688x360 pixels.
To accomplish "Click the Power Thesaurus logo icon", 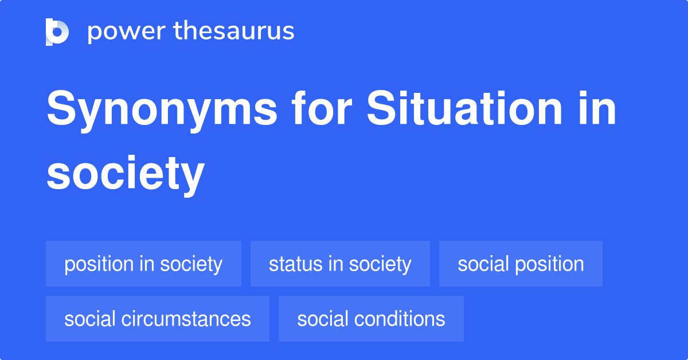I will [57, 32].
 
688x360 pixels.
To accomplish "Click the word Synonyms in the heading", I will [162, 110].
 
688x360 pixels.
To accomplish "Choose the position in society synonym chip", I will [143, 264].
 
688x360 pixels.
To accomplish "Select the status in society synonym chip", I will [340, 264].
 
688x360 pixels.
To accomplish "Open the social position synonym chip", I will [521, 264].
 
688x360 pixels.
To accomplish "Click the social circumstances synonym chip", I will [158, 319].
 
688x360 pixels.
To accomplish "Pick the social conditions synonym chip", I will [371, 319].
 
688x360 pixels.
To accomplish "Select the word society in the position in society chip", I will [191, 264].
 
